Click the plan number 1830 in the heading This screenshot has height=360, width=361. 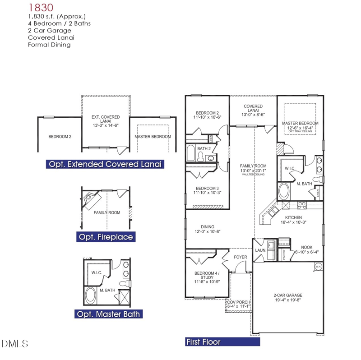41,7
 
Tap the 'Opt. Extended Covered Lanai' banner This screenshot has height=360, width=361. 104,164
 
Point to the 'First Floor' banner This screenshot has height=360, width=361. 204,342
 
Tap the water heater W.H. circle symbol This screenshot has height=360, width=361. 318,267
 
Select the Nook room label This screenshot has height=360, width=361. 307,247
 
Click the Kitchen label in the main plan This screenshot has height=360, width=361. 293,217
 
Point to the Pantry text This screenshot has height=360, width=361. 284,255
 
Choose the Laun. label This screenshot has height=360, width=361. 260,250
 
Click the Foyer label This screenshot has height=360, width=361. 240,257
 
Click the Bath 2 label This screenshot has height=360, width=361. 204,148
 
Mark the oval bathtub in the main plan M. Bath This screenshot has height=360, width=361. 284,191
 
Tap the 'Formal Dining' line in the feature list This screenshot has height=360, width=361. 49,45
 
